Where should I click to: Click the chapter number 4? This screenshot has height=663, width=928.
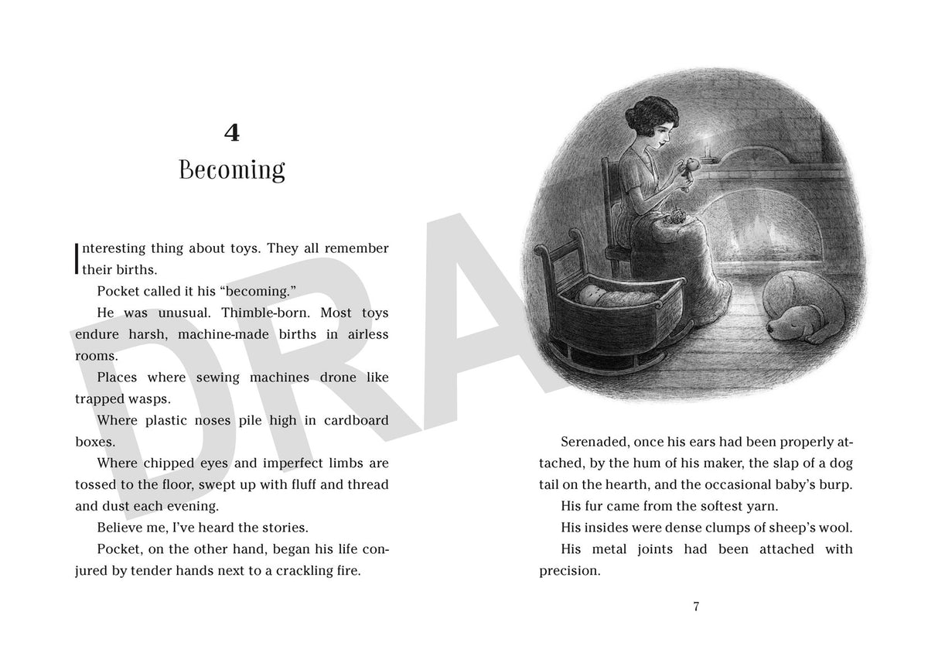click(x=231, y=134)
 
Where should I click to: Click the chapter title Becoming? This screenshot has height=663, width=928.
click(x=231, y=169)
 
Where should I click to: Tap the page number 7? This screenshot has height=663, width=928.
click(x=696, y=607)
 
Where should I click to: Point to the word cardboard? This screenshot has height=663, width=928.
click(x=351, y=420)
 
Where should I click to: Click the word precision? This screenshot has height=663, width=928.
click(x=570, y=571)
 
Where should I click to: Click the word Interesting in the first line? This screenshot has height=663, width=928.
click(x=107, y=248)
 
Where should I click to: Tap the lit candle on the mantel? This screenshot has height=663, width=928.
click(x=710, y=144)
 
